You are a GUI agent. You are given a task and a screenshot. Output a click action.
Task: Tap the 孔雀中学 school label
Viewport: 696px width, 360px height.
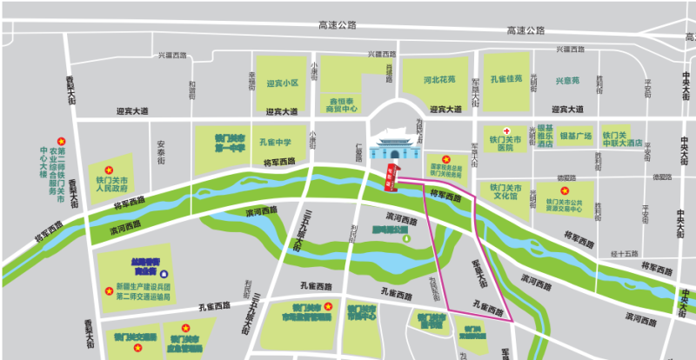pos(275,142)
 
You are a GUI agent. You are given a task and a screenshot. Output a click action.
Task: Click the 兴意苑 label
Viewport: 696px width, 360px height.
pos(567,81)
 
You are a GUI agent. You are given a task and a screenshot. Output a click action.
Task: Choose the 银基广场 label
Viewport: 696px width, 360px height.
pos(575,137)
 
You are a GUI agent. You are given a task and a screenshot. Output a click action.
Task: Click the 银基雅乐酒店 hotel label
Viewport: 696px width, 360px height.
pos(545,136)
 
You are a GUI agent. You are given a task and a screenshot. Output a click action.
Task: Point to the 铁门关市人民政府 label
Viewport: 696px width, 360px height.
pos(112,183)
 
